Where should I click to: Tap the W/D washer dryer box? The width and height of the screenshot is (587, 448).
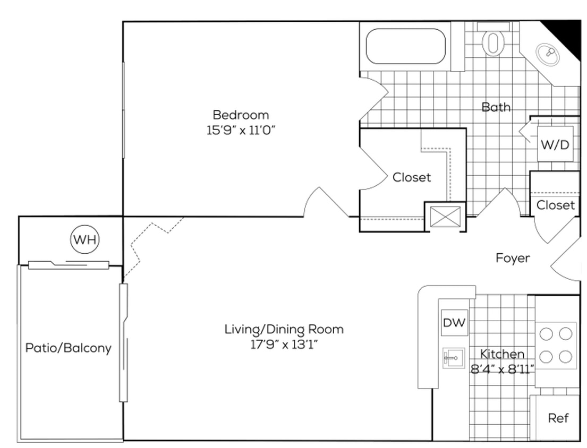tap(555, 144)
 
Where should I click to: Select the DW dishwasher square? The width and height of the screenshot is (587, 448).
tap(454, 322)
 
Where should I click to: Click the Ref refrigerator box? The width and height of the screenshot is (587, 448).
tap(558, 418)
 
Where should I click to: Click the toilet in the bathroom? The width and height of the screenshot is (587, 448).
tap(493, 41)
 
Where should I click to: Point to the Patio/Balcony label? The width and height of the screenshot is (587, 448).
tap(69, 348)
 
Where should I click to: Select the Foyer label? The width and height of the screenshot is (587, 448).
tap(513, 258)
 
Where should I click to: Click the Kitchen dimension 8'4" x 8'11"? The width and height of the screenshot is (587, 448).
tap(502, 368)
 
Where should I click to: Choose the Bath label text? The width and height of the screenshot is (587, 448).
tap(496, 107)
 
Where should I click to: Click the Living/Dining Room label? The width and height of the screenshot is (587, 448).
tap(284, 329)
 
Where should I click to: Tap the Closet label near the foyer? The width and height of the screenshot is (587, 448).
tap(555, 205)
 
